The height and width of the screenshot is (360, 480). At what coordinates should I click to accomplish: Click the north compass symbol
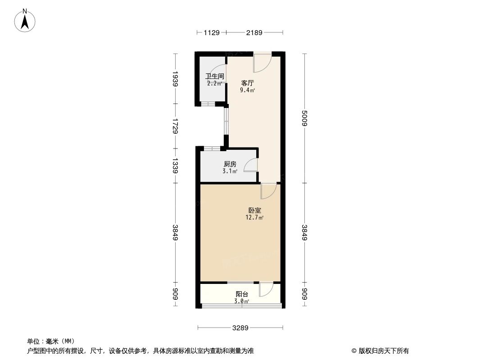coord(25,20)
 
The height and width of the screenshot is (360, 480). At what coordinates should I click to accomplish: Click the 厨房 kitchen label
coord(230,164)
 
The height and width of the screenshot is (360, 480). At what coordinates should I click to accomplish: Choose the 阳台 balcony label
coord(242,294)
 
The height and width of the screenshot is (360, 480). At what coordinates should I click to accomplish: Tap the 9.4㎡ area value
coord(248,90)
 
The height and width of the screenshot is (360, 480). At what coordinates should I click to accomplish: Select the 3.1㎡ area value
coord(230,171)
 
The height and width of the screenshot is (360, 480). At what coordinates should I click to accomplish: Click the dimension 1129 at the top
coord(211,32)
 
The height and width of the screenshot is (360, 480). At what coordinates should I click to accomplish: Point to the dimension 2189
coord(254,32)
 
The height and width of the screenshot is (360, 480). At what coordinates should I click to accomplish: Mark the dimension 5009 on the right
coord(305,118)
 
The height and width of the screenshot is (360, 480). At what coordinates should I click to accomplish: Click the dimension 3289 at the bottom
coord(240,328)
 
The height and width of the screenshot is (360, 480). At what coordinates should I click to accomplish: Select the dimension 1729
coord(176,126)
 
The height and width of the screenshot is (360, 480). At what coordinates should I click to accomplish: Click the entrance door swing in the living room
coord(262,63)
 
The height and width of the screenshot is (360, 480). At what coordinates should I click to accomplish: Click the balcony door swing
coord(266,289)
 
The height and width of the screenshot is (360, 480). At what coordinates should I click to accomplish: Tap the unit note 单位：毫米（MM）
coord(51,341)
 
